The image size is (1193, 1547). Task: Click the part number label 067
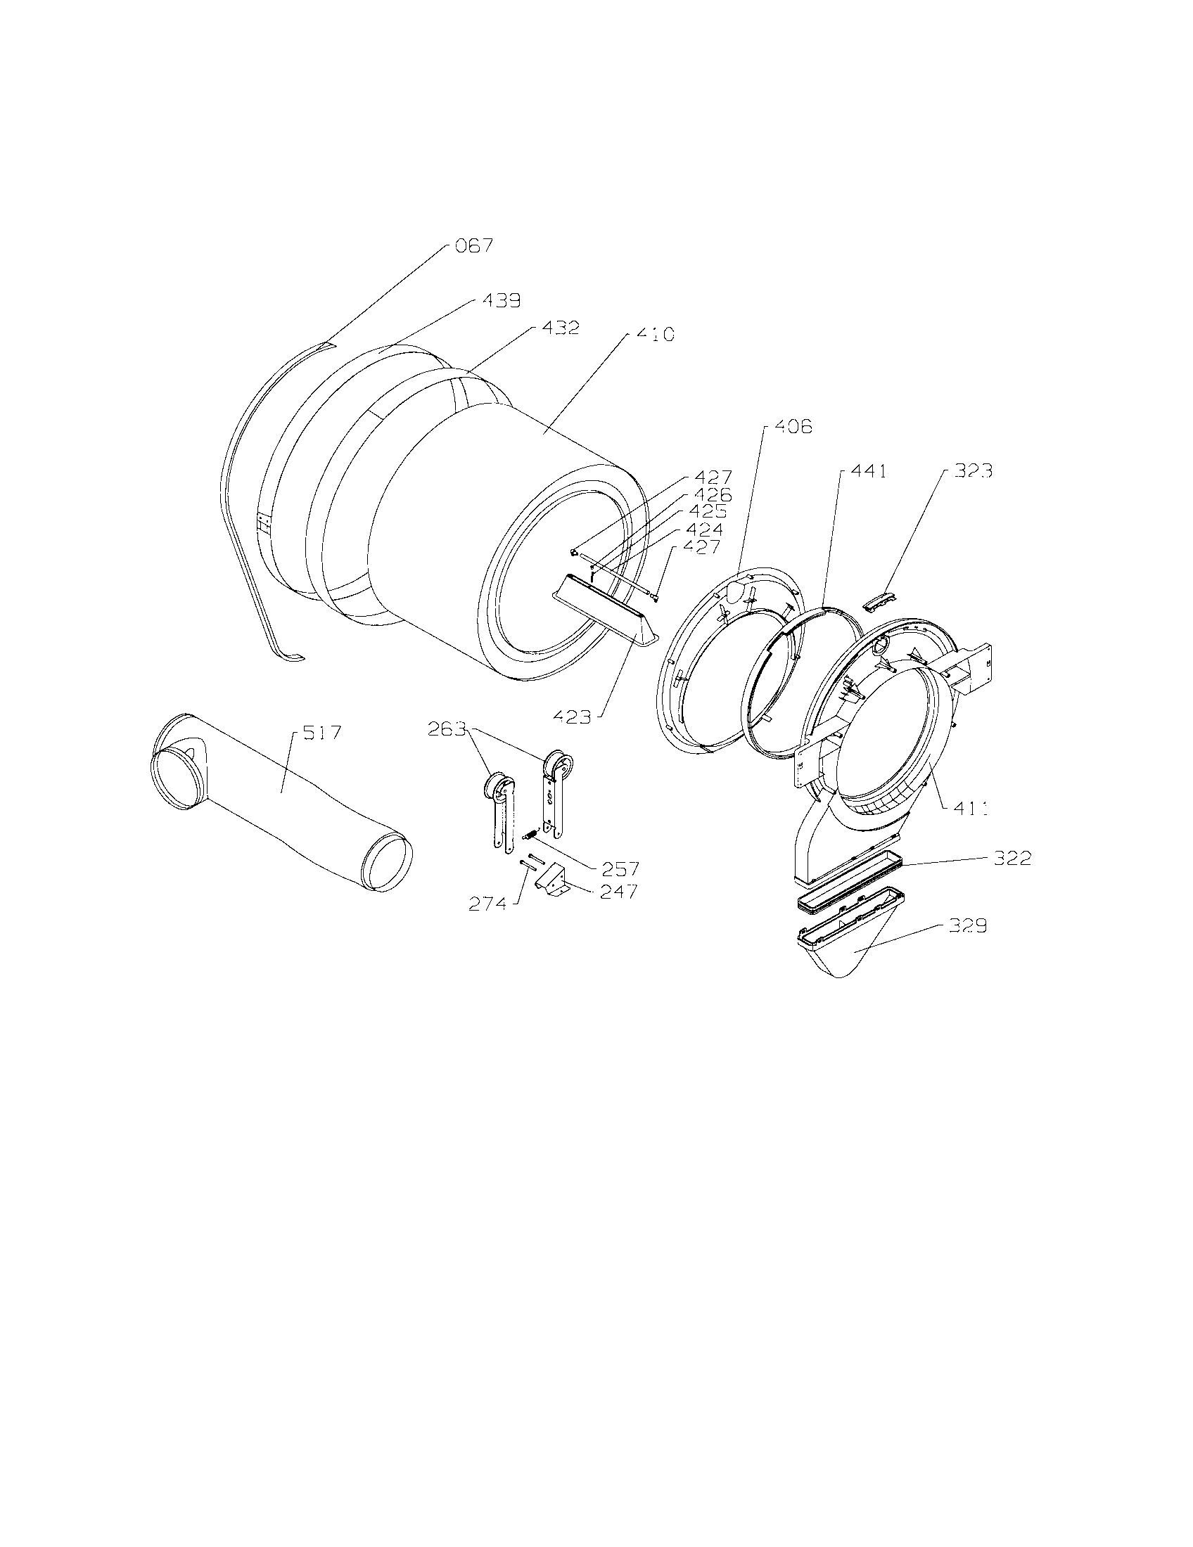coord(475,247)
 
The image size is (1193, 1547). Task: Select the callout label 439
coord(501,301)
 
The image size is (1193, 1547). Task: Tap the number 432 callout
coord(561,328)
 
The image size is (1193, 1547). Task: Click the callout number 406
coord(792,427)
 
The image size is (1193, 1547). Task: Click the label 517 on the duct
coord(321,733)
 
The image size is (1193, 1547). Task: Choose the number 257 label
coord(620,869)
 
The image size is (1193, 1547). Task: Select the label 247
coord(618,892)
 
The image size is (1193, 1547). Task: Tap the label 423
coord(573,717)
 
